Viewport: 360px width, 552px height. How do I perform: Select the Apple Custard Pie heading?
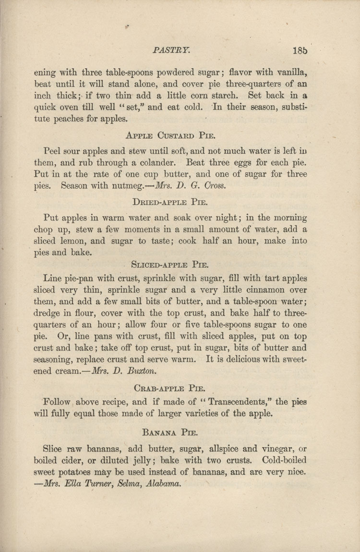click(x=166, y=135)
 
